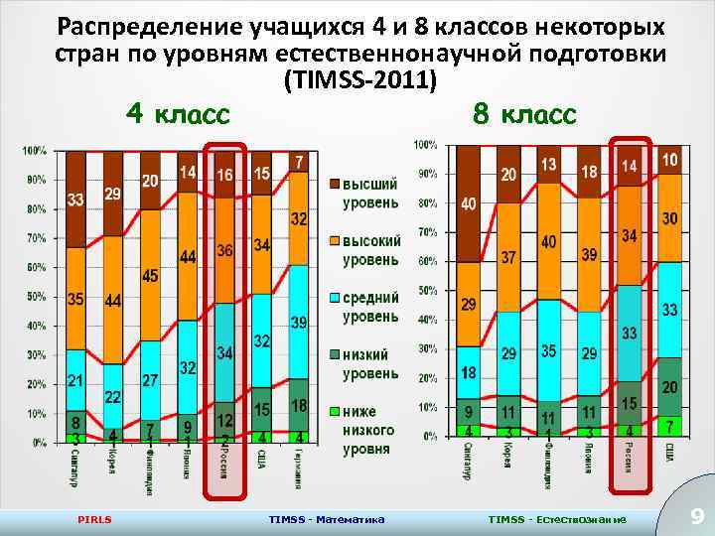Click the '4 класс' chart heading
pyautogui.click(x=178, y=114)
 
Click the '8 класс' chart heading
pyautogui.click(x=523, y=114)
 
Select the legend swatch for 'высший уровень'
pyautogui.click(x=335, y=184)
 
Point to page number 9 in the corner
pyautogui.click(x=696, y=515)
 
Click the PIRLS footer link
pyautogui.click(x=95, y=519)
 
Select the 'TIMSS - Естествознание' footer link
pyautogui.click(x=557, y=519)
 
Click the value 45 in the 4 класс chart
pyautogui.click(x=150, y=276)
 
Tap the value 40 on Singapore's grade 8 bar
pyautogui.click(x=468, y=203)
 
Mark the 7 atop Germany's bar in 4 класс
pyautogui.click(x=300, y=162)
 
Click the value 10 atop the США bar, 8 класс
pyautogui.click(x=670, y=159)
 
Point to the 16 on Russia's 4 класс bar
pyautogui.click(x=225, y=176)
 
